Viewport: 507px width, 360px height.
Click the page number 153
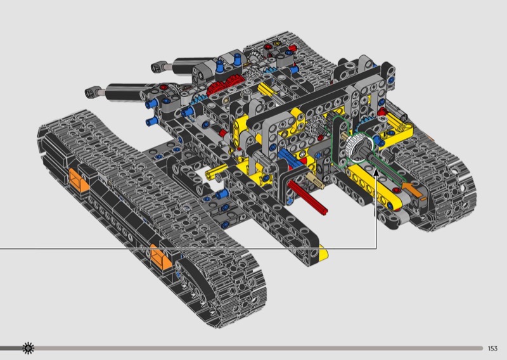coord(492,349)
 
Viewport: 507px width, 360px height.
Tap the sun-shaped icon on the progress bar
coord(28,348)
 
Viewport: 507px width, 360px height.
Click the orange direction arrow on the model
coord(413,190)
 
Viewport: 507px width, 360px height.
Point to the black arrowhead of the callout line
coord(376,172)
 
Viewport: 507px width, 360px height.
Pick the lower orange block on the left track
coord(161,258)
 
